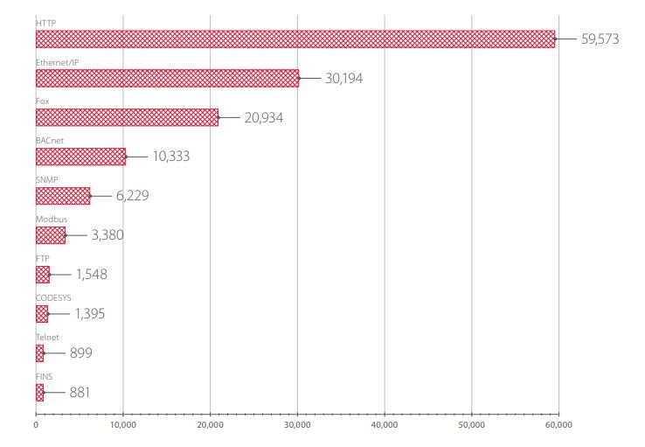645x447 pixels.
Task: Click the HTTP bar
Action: click(295, 39)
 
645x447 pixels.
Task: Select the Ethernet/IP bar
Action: click(168, 78)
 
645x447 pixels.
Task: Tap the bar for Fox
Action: click(127, 117)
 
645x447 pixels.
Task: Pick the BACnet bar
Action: click(80, 157)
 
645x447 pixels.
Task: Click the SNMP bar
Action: click(63, 196)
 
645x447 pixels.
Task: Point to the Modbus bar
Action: click(51, 235)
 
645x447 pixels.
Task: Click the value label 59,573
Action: click(600, 39)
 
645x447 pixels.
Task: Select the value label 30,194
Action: click(343, 78)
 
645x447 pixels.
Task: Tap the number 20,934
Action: click(264, 118)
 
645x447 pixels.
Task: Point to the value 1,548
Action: click(92, 274)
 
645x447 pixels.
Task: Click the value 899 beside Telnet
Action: click(81, 353)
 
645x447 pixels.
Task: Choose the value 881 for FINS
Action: click(80, 392)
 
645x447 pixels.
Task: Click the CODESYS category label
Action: click(53, 298)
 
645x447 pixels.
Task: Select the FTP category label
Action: click(42, 258)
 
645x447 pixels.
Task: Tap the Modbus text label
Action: click(52, 219)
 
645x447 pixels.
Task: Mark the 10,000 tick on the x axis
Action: click(123, 425)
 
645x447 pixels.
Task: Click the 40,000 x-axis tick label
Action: click(385, 425)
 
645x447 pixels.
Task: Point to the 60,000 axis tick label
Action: click(558, 425)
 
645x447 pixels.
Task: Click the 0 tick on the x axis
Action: click(36, 425)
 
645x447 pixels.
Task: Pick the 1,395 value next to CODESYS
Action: click(90, 314)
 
